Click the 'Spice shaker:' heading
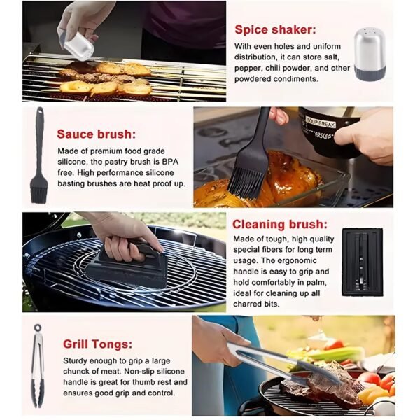[274, 29]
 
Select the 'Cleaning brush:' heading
[279, 224]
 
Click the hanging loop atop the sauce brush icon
[39, 112]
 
